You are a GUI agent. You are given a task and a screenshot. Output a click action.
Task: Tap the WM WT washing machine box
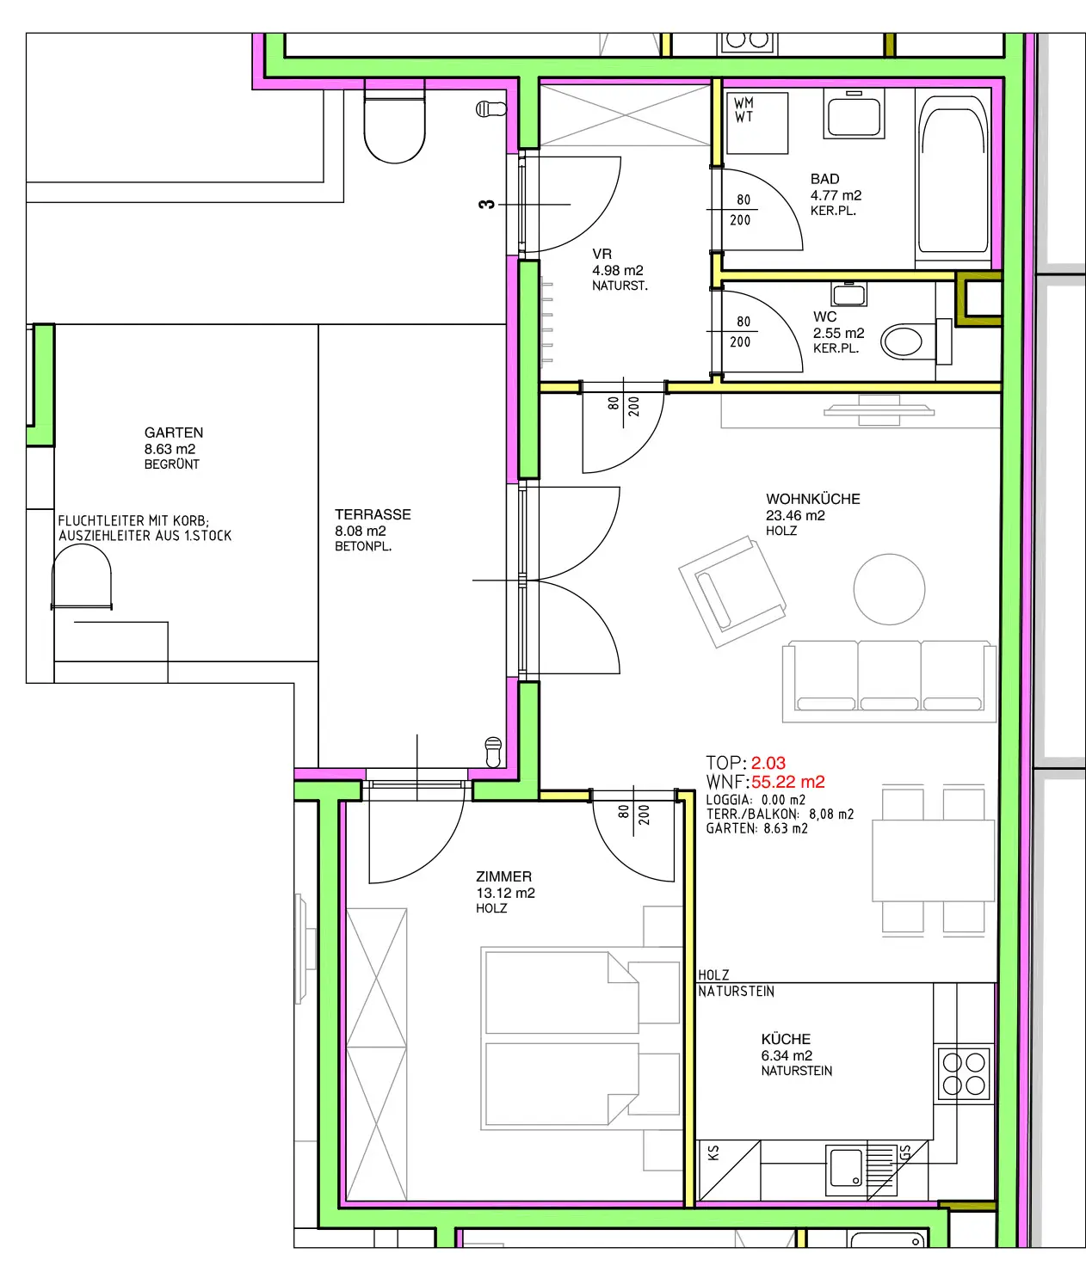point(757,123)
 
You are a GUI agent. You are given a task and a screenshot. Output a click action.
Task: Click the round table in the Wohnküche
point(889,589)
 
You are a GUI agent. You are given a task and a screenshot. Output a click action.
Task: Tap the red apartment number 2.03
point(768,763)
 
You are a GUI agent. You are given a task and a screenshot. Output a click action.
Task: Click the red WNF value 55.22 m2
point(788,782)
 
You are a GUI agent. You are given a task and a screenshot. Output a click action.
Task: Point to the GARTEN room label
point(174,433)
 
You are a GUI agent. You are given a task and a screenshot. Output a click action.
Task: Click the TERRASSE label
point(373,514)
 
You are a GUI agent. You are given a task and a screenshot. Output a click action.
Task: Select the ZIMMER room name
point(503,876)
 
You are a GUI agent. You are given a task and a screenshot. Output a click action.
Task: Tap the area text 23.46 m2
point(795,516)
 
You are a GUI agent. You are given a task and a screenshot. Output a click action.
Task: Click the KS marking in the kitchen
point(713,1152)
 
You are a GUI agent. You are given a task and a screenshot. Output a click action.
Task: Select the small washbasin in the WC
point(848,294)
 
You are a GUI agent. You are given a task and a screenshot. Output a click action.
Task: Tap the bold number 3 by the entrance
point(486,204)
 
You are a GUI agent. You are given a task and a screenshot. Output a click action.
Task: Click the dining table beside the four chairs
point(934,861)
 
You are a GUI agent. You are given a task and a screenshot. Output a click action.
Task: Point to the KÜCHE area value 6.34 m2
point(787,1055)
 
